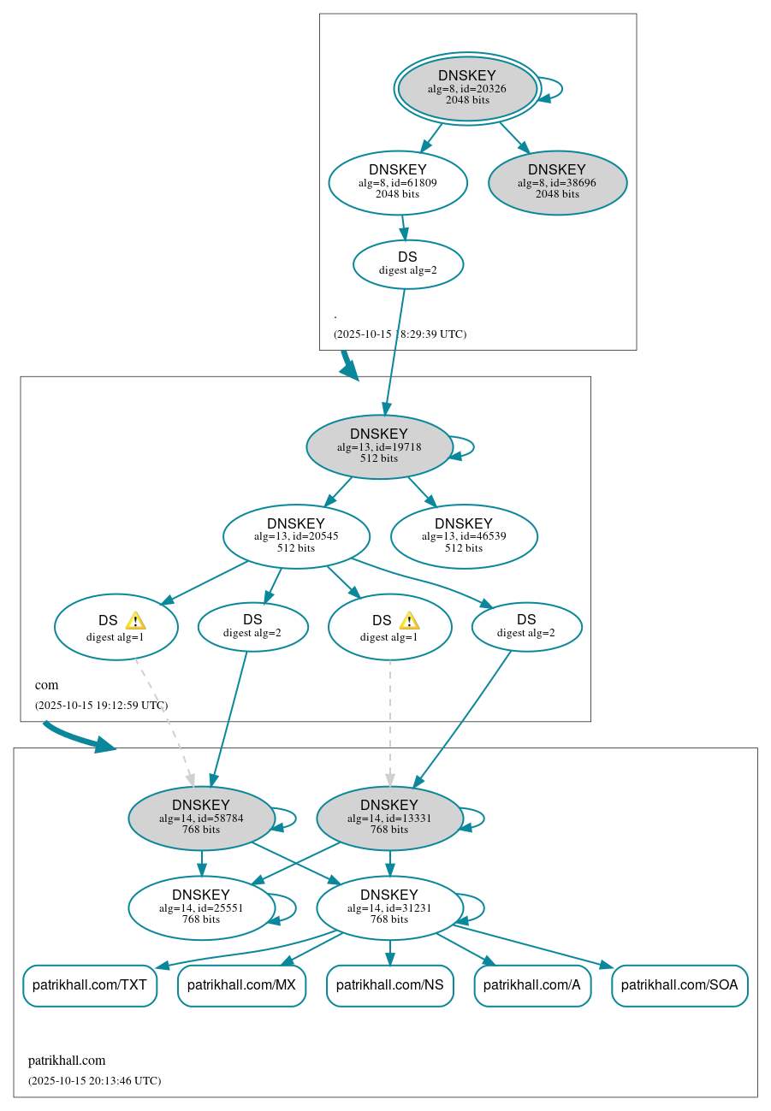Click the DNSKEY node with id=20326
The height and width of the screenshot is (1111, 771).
point(467,88)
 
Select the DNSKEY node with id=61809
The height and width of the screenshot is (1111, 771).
point(398,182)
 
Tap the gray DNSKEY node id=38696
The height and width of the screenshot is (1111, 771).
point(557,183)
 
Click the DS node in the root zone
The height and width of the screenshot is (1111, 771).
point(408,264)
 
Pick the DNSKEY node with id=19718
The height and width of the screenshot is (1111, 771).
point(379,446)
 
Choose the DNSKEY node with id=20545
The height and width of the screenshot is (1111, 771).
point(296,536)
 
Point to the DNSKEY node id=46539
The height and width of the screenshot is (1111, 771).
point(464,536)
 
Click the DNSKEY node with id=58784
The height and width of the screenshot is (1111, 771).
point(201,818)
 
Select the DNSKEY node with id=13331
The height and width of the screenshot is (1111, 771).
point(389,818)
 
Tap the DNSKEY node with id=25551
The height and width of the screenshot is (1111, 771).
point(201,907)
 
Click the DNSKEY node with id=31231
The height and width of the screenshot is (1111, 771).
point(389,907)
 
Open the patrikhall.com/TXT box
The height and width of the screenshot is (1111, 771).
point(90,985)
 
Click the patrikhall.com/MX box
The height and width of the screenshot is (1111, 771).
point(241,985)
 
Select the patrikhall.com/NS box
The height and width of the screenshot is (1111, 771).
point(389,985)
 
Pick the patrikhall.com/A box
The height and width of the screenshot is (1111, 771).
point(532,985)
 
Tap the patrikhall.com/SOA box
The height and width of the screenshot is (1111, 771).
point(679,985)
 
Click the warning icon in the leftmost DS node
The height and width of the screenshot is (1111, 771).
point(135,621)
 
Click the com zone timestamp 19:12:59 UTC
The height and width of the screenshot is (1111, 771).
point(101,706)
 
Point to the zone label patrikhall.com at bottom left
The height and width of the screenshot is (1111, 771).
point(67,1061)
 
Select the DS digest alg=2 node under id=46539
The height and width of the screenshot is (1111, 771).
point(526,627)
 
